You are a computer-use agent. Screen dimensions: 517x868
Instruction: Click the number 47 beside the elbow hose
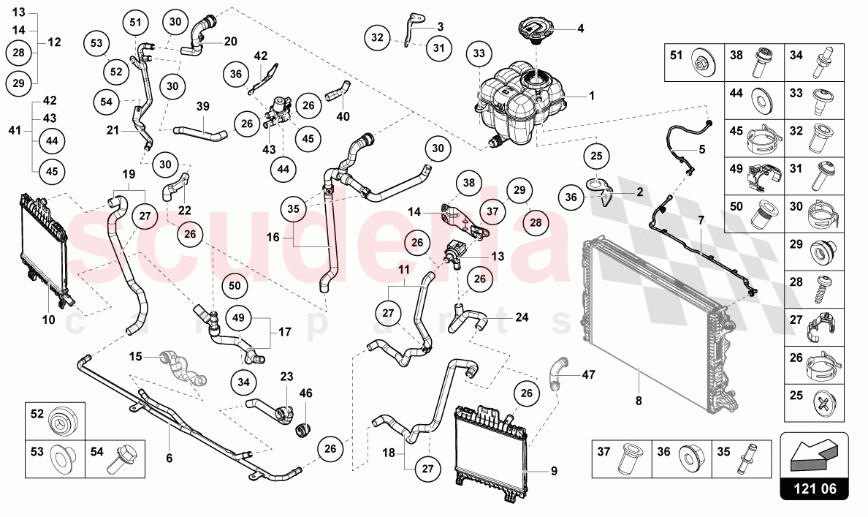(x=589, y=375)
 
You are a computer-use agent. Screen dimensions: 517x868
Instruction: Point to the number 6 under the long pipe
(x=169, y=458)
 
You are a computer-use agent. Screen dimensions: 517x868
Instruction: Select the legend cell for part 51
(x=694, y=62)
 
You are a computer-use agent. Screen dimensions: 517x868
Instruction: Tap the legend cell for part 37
(x=620, y=457)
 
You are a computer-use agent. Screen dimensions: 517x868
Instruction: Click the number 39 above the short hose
(x=203, y=107)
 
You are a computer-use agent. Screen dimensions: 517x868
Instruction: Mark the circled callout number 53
(x=97, y=44)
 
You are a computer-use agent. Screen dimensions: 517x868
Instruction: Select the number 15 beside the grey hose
(x=135, y=357)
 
